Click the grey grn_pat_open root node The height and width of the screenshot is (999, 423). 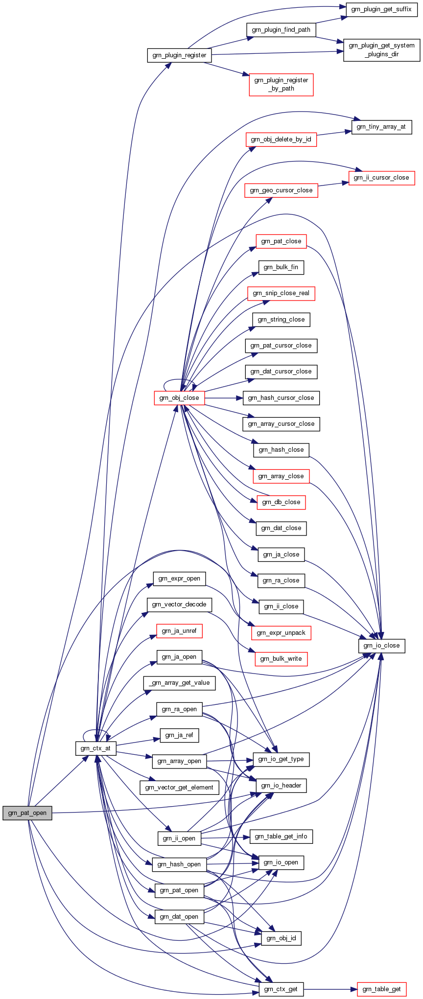[27, 813]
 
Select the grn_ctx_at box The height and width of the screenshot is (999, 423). [96, 748]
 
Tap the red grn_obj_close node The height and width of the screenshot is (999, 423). [179, 398]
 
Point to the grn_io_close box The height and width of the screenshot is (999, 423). [381, 646]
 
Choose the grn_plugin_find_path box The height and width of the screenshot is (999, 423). [281, 30]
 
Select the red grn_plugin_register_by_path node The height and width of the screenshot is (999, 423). [281, 84]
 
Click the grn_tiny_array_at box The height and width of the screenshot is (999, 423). [381, 127]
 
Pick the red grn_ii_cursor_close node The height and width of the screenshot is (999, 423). [381, 178]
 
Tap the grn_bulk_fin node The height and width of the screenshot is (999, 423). [281, 267]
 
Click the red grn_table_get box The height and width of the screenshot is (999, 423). [381, 989]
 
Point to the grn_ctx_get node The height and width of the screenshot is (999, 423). [281, 989]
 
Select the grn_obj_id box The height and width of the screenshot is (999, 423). [281, 938]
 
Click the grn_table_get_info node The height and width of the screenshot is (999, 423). [281, 836]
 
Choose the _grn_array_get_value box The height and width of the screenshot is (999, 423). [179, 683]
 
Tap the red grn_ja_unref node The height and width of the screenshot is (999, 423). [179, 631]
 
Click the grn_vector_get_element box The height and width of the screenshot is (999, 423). [179, 788]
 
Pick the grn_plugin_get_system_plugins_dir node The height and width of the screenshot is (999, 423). [381, 50]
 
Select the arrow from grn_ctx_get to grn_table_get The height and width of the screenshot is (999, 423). [330, 989]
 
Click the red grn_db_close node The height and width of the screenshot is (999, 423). [281, 502]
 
